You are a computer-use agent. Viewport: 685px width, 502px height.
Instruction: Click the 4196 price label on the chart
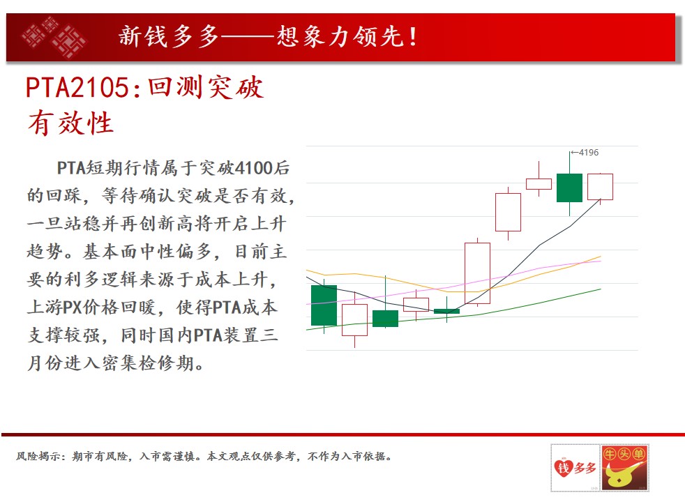click(x=589, y=153)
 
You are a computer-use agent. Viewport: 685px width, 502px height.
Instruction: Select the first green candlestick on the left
click(x=324, y=305)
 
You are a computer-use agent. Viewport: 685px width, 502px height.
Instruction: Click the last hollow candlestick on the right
click(x=600, y=187)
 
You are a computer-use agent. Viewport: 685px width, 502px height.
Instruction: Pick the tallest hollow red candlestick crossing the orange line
click(x=477, y=273)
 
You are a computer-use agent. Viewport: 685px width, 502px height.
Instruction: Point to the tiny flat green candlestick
click(x=446, y=311)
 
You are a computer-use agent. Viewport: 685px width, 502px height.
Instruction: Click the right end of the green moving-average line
click(x=601, y=289)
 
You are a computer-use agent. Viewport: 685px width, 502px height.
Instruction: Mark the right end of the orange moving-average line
click(x=601, y=257)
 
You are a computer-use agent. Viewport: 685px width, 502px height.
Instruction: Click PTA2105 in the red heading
click(x=77, y=87)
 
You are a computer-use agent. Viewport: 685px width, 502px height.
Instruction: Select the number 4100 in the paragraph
click(x=253, y=167)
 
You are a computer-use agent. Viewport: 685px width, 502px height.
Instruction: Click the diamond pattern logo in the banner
click(x=54, y=38)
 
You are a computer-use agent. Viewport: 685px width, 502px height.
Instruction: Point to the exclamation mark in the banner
click(x=413, y=37)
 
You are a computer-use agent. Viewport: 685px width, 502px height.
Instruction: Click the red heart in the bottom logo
click(x=564, y=468)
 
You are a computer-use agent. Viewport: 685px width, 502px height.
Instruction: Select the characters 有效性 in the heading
click(x=70, y=123)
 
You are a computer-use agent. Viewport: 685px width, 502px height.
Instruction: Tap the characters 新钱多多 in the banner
click(x=169, y=36)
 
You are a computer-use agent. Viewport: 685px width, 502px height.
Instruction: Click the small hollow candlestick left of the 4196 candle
click(x=539, y=184)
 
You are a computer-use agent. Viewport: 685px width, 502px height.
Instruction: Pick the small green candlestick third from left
click(x=385, y=318)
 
